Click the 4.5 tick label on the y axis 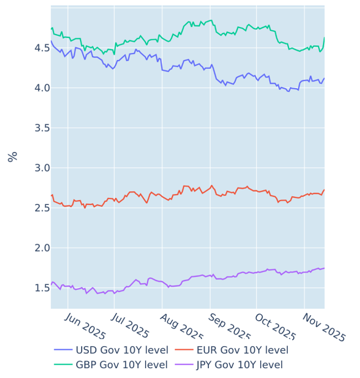[x=35, y=48]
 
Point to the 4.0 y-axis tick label [x=35, y=88]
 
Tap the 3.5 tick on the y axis [x=35, y=128]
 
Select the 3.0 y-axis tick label [x=35, y=168]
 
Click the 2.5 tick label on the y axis [x=35, y=208]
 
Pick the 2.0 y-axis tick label [x=35, y=248]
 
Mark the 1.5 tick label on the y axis [x=35, y=288]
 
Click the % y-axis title [x=13, y=156]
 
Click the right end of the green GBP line [x=324, y=38]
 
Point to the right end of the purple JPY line [x=324, y=268]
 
